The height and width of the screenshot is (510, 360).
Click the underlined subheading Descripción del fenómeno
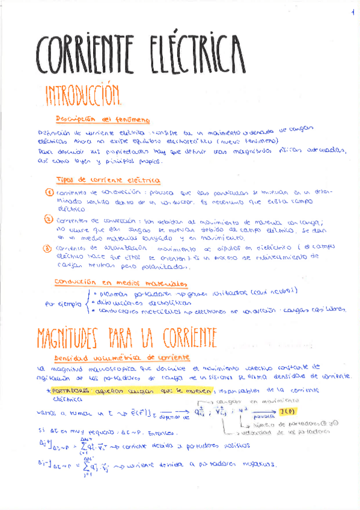(103, 119)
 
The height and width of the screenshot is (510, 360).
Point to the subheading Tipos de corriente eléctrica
(108, 179)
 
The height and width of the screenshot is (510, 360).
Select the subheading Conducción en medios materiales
(120, 282)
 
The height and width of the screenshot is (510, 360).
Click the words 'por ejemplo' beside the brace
(63, 304)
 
